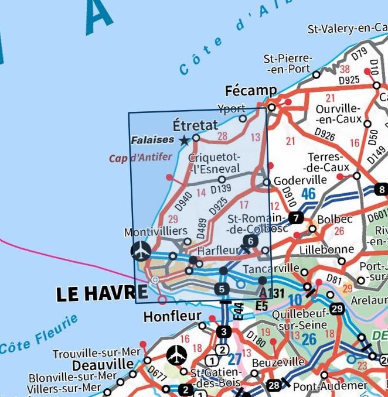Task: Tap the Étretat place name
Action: coord(195,125)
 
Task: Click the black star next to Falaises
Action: coord(184,140)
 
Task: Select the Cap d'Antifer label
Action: coord(141,158)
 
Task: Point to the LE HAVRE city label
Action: coord(100,294)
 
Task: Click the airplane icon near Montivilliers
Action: coord(141,252)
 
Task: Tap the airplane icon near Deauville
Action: coord(176,354)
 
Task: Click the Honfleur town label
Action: coord(172,317)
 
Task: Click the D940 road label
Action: coord(183,202)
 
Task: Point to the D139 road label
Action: coord(221,189)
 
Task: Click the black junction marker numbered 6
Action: coord(250,241)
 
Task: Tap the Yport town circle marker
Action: coord(243,118)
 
